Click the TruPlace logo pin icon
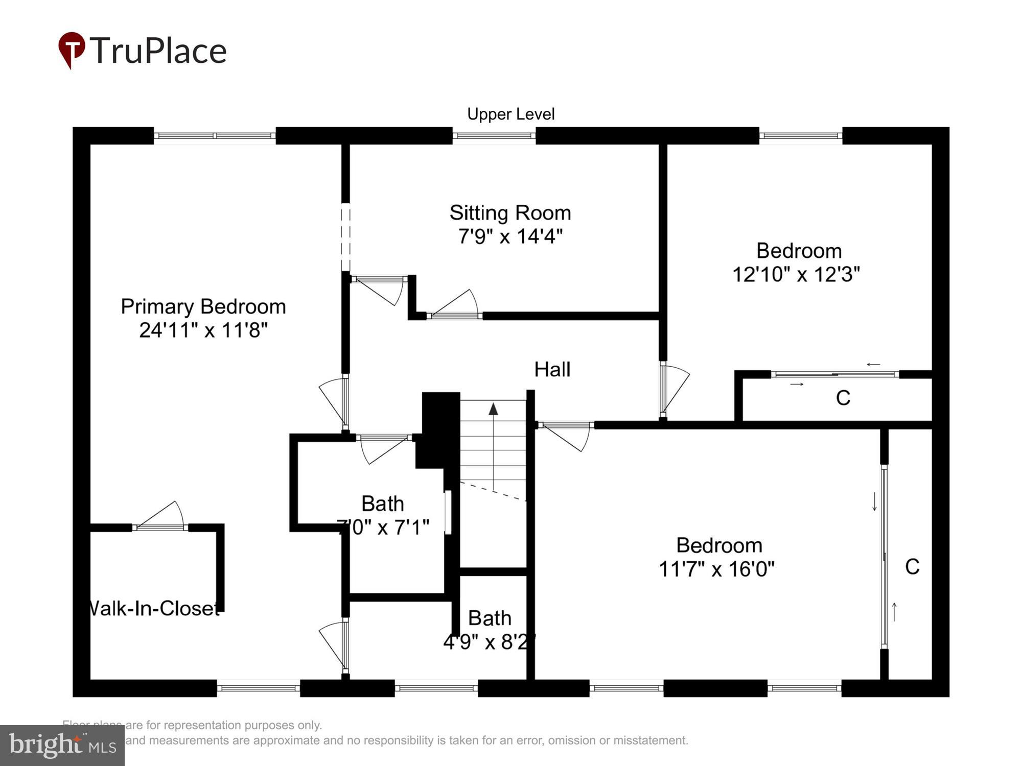pos(72,49)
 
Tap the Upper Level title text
pos(510,114)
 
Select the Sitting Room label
pos(510,213)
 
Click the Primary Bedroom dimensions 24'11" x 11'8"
pos(203,330)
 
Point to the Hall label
pos(552,369)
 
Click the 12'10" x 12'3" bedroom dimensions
pos(796,275)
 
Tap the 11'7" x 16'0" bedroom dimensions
pos(716,569)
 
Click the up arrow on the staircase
pos(493,409)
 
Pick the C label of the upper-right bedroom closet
pos(843,398)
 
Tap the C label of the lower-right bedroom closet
pos(912,567)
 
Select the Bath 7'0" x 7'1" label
pos(383,515)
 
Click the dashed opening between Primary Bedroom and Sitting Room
pos(346,237)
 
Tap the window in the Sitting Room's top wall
pos(494,136)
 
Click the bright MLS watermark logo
pos(62,746)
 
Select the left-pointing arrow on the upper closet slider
pos(873,365)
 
